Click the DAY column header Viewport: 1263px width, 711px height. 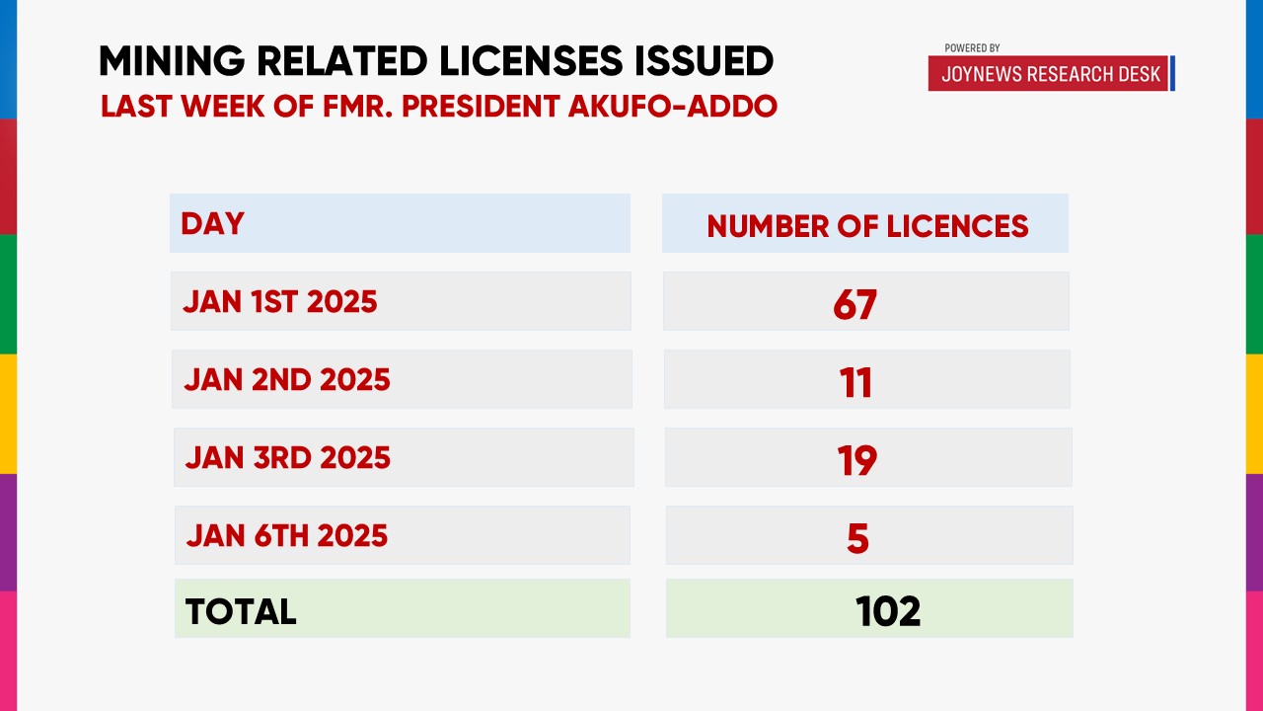click(x=212, y=223)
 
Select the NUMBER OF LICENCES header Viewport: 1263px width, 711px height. click(x=867, y=226)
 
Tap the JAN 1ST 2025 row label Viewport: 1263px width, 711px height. click(x=280, y=301)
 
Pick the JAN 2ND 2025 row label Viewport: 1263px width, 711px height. click(x=287, y=379)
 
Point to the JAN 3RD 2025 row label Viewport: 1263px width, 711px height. click(x=288, y=457)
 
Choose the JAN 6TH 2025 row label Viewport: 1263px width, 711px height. click(x=287, y=535)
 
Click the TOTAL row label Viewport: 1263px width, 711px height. click(x=241, y=611)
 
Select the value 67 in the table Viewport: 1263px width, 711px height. click(x=854, y=304)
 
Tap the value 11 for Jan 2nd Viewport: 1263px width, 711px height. click(x=855, y=382)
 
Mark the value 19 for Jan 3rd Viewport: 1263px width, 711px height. click(x=855, y=460)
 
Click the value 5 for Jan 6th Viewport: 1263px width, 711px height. click(x=857, y=538)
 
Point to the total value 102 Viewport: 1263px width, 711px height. click(x=888, y=611)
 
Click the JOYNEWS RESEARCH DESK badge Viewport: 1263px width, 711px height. click(x=1049, y=74)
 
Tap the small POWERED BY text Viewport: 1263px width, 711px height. click(x=972, y=47)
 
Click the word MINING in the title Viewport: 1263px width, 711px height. click(x=170, y=61)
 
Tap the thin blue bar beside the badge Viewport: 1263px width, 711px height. click(x=1172, y=74)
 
